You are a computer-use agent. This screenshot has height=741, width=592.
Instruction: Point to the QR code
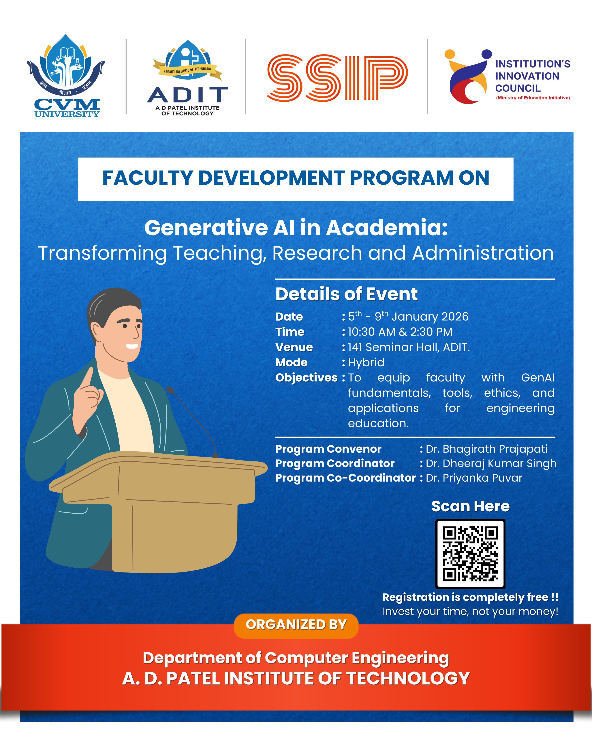470,554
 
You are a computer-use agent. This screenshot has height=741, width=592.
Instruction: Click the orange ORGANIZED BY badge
296,624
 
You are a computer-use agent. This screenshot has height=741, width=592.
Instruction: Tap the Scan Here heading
470,506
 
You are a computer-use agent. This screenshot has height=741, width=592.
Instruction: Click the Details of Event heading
346,294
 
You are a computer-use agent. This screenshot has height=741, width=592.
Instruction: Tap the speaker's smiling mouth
132,347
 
